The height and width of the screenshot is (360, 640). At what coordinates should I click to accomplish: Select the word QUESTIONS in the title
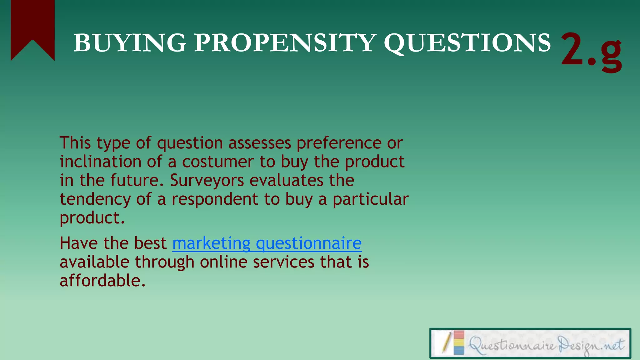coord(467,43)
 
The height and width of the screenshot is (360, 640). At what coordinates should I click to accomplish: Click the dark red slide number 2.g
coord(591,50)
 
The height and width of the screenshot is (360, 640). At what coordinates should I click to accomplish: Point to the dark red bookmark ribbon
coord(32,25)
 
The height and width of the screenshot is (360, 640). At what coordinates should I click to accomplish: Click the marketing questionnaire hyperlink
coord(267,243)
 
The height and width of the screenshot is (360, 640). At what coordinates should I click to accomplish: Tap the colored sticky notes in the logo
coord(459,343)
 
